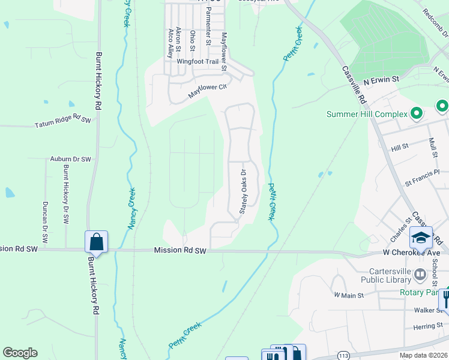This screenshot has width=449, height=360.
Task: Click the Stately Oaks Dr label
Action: tap(244, 191)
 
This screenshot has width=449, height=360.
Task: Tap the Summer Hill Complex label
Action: tap(367, 114)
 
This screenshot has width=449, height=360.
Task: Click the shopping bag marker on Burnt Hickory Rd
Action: tap(96, 242)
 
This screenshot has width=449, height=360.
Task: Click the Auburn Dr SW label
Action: tap(70, 160)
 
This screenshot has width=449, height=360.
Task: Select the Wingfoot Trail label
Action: tap(197, 61)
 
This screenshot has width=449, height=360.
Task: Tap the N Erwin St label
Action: tap(382, 79)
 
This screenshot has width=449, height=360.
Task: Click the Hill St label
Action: tap(399, 146)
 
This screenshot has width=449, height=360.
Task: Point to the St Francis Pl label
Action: tap(423, 181)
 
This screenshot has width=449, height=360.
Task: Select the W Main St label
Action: tap(349, 295)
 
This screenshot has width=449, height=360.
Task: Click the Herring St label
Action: tap(427, 327)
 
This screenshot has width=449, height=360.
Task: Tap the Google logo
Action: tap(20, 353)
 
